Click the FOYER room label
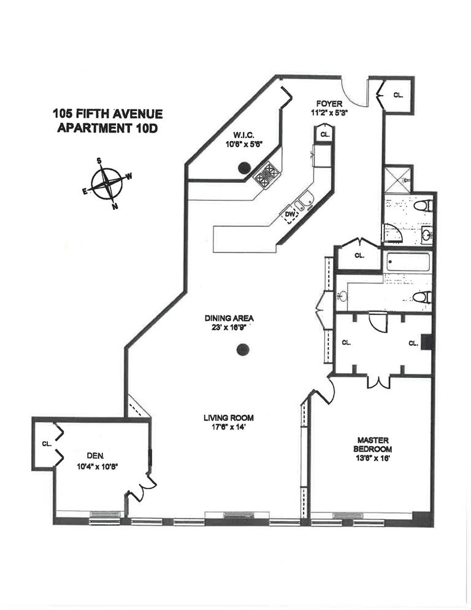pyautogui.click(x=329, y=104)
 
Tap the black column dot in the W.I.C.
pyautogui.click(x=244, y=167)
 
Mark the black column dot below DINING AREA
pyautogui.click(x=243, y=350)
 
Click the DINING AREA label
pyautogui.click(x=229, y=319)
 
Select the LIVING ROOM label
pyautogui.click(x=228, y=418)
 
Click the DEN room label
pyautogui.click(x=94, y=455)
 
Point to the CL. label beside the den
pyautogui.click(x=47, y=443)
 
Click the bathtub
pyautogui.click(x=408, y=263)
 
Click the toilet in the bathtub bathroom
pyautogui.click(x=422, y=298)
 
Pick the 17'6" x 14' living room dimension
pyautogui.click(x=228, y=428)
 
